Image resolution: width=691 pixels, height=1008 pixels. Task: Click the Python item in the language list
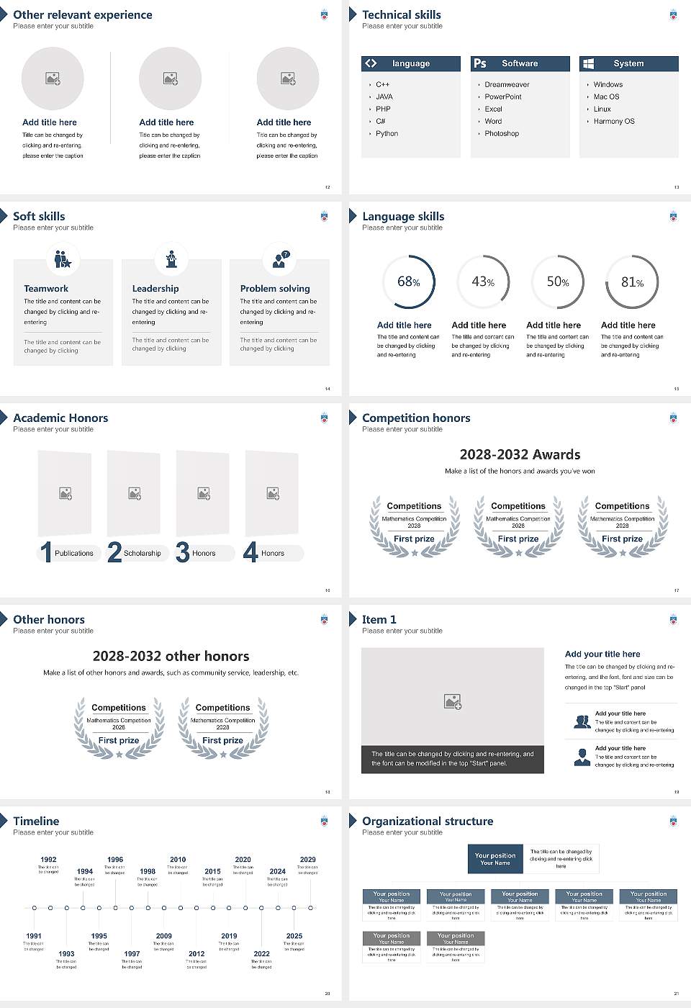(x=387, y=134)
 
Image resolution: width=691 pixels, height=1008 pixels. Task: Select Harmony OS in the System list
(x=614, y=122)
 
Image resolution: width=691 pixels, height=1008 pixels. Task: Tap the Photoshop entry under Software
(x=502, y=134)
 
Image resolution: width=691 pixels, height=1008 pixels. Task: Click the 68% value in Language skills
(x=409, y=282)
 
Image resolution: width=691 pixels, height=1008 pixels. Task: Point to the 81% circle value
(x=632, y=282)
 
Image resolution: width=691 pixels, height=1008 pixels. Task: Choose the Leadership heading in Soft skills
(x=155, y=289)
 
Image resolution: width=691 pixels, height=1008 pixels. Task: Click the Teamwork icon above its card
(x=63, y=258)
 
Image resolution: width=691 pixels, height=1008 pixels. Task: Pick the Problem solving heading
(x=275, y=289)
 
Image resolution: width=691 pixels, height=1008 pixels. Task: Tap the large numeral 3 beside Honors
(x=183, y=552)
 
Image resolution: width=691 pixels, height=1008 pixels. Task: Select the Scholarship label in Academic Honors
(x=142, y=554)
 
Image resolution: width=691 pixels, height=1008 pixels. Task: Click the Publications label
(x=74, y=554)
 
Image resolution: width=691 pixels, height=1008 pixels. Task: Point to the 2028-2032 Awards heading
(x=520, y=455)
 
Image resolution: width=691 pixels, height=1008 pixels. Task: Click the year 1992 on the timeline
(x=48, y=860)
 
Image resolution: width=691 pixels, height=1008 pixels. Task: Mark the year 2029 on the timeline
(x=308, y=860)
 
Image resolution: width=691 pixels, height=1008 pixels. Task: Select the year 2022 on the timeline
(x=262, y=954)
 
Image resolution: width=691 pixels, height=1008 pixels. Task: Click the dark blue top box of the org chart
(x=495, y=859)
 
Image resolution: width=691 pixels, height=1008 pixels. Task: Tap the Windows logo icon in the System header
(x=588, y=63)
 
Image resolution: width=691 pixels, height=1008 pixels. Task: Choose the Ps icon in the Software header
(x=480, y=63)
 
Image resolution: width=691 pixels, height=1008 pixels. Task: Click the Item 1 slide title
(x=379, y=620)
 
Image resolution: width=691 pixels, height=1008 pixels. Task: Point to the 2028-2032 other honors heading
(x=171, y=657)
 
